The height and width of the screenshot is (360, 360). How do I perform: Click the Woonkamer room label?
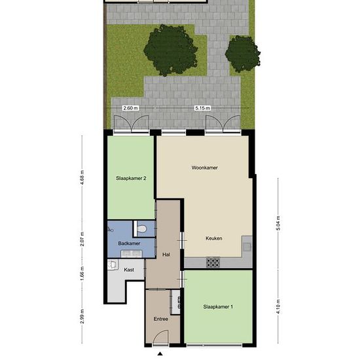point(205,168)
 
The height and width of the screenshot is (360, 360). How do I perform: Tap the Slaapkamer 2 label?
point(131,178)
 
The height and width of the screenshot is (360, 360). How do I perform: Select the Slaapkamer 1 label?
point(218,307)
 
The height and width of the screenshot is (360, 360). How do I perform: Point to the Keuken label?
point(214,238)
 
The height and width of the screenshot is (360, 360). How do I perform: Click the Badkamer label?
point(129,243)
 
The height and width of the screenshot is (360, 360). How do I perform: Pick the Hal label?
point(166,255)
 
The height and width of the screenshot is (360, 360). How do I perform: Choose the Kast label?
point(129,270)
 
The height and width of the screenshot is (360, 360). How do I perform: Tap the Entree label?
point(161,319)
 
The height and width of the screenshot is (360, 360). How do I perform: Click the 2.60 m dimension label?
point(131,108)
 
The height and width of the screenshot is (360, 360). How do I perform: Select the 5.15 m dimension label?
point(202,108)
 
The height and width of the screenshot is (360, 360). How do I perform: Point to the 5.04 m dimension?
point(278,223)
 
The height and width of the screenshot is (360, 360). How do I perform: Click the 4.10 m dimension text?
point(278,306)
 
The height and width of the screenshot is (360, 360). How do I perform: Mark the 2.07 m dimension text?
point(82,239)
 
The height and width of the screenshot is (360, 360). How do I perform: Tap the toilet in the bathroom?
point(141,228)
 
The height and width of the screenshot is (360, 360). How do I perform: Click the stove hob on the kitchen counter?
point(213,262)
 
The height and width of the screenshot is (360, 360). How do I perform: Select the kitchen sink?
point(247,247)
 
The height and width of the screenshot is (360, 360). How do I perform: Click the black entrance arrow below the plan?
point(160,354)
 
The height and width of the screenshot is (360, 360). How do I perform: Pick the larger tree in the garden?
point(171,50)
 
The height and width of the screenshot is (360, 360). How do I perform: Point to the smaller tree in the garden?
point(243,54)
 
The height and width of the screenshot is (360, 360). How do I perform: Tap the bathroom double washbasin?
point(132,254)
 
